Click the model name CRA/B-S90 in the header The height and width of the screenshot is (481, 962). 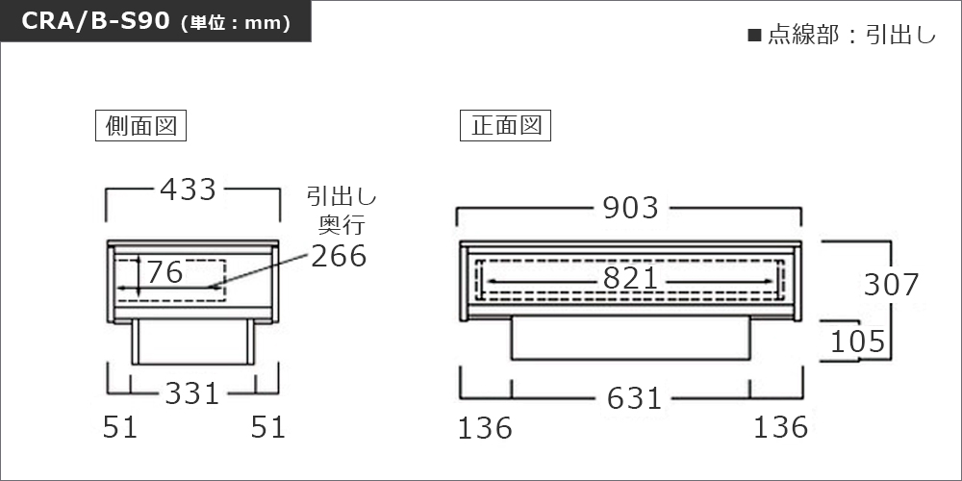pos(95,21)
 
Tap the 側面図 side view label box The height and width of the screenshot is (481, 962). pos(140,126)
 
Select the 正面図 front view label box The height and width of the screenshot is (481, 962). pos(506,126)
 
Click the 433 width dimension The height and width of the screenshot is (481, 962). pos(188,190)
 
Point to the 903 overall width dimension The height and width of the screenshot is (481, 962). pos(630,208)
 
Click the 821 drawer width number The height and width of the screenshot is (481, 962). pos(630,280)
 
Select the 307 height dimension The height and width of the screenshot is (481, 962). pos(891,285)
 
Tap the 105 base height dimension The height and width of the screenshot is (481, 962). pos(858,342)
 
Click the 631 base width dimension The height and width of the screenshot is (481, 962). pos(634,399)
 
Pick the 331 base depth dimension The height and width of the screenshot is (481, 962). pos(192,393)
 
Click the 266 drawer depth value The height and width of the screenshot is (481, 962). pos(339,256)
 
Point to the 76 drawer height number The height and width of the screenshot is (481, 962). pos(165,272)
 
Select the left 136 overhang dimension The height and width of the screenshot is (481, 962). pos(485,428)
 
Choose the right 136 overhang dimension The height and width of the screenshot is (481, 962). pos(780,427)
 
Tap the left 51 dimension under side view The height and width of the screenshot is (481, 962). pos(119,427)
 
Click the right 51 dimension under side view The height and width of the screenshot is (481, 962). pos(268,427)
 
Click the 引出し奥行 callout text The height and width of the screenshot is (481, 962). pos(342,211)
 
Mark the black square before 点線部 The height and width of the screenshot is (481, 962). pos(754,35)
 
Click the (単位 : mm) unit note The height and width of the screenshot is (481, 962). pos(236,23)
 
